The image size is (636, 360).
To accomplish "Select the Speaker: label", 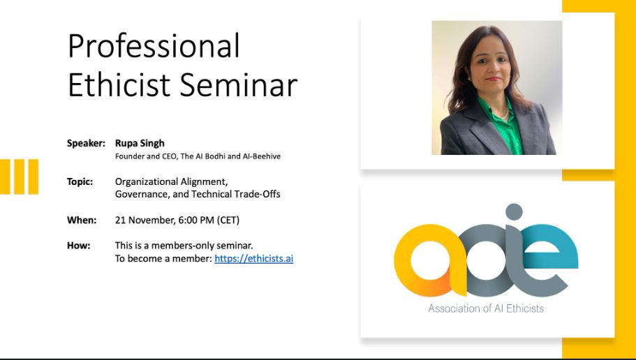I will [86, 143].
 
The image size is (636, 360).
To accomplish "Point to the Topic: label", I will [80, 181].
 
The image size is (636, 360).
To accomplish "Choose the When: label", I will [82, 220].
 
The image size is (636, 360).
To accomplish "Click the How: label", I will [79, 246].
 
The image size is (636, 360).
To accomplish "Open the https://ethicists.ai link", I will [253, 259].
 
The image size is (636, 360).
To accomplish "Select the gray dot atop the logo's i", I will [514, 212].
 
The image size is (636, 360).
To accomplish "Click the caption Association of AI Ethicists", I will [486, 308].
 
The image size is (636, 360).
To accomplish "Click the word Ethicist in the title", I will [119, 85].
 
